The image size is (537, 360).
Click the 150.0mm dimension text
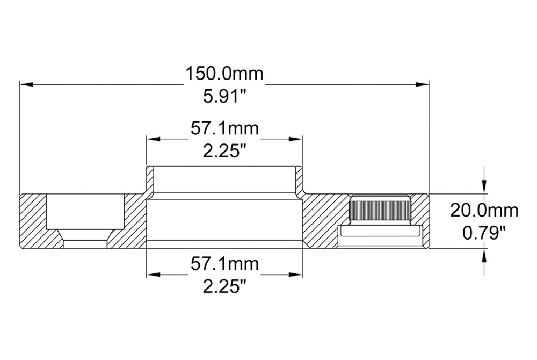point(224,74)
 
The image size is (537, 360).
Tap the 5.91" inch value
point(225,97)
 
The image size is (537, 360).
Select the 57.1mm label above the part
point(224,129)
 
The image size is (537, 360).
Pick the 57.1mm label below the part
point(224,264)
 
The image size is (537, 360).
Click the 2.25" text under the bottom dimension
point(225,287)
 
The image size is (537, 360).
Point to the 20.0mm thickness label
point(484,211)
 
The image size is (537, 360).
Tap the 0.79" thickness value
point(484,234)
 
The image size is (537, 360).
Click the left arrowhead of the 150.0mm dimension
point(26,84)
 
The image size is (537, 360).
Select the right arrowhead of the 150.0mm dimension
point(422,84)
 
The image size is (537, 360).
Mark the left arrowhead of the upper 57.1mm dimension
point(154,139)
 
